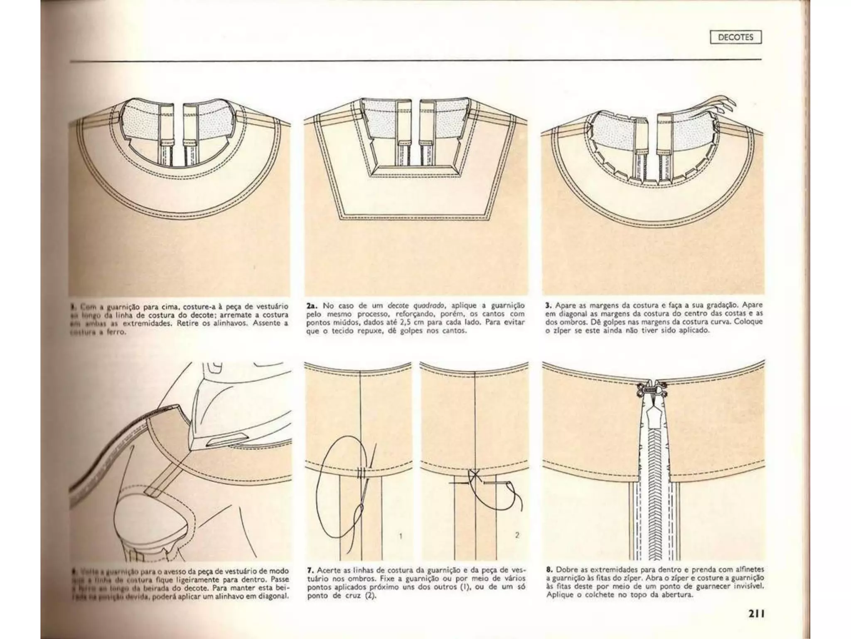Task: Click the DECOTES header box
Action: tap(735, 37)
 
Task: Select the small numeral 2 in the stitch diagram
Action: tap(517, 535)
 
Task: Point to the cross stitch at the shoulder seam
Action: tap(473, 477)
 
